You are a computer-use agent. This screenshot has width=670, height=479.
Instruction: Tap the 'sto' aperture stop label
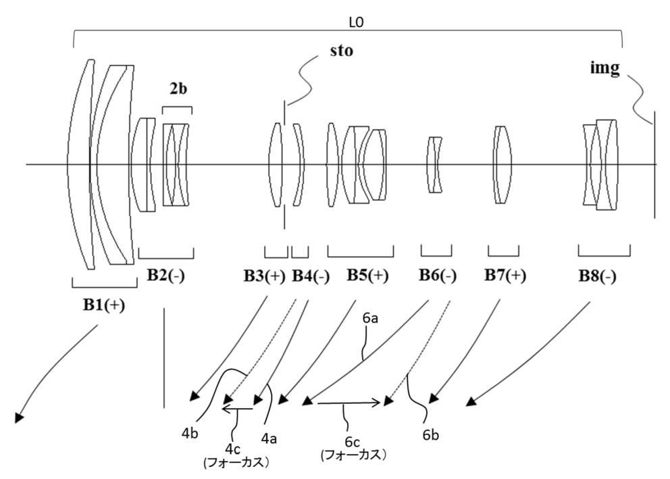[340, 51]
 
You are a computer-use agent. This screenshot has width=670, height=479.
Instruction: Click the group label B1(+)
[103, 305]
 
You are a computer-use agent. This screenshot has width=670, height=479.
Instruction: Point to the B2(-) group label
[165, 276]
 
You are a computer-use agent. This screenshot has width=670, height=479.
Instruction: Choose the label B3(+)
[265, 276]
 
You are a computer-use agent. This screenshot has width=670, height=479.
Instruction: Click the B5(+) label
[368, 276]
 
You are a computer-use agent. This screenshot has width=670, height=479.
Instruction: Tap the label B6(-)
[438, 276]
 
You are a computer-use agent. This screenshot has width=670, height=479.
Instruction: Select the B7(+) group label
[505, 276]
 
